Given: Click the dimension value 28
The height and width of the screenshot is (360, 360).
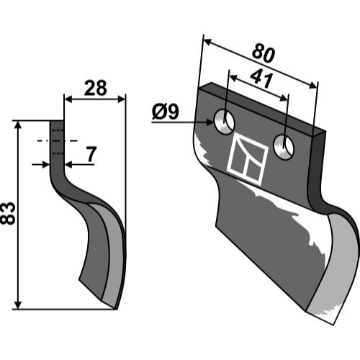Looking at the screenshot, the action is click(96, 88).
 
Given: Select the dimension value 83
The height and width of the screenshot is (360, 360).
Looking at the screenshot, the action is click(8, 213).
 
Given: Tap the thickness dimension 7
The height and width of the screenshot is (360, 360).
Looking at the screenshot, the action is click(91, 154).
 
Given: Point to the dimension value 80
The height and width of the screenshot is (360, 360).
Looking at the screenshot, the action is click(264, 53).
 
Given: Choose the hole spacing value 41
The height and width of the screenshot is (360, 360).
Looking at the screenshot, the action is click(261, 79).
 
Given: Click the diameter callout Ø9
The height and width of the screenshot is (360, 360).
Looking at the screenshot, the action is click(166, 112).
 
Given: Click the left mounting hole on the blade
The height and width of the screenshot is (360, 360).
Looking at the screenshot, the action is click(225, 122).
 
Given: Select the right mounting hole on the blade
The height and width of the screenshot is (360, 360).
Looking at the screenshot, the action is click(284, 147).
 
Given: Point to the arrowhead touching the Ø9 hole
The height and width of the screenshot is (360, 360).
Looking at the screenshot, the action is click(210, 122).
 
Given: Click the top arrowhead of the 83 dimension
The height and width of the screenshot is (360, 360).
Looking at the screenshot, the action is click(18, 125).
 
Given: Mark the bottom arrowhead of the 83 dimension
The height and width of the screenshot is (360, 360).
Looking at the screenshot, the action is click(18, 305).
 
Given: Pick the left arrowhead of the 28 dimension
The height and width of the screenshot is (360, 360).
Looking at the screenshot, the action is click(68, 99).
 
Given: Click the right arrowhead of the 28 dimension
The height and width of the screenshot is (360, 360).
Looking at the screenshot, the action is click(122, 99).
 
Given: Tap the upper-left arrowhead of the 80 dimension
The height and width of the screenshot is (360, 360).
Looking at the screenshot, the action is click(207, 42).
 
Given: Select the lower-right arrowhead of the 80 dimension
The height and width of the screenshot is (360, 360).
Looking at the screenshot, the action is click(313, 85).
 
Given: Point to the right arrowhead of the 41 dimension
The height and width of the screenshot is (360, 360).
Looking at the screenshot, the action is click(284, 98).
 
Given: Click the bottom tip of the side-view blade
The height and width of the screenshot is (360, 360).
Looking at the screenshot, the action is click(115, 309).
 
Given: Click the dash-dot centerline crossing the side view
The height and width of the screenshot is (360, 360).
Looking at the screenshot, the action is click(57, 140).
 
